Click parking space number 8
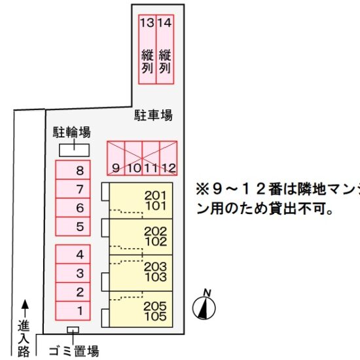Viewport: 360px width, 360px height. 73,170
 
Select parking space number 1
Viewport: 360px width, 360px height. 73,311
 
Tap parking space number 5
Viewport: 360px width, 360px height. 73,226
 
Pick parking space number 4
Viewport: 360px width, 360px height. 73,254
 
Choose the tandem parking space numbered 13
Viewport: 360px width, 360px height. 147,49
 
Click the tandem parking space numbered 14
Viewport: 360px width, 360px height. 165,49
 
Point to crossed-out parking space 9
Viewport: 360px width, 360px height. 116,158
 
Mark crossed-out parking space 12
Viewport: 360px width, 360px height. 168,158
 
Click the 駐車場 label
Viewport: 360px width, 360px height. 153,115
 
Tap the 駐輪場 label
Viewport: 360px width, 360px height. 72,132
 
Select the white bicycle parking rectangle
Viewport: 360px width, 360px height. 74,151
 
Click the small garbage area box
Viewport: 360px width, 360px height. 73,330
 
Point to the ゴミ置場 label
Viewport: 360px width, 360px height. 74,351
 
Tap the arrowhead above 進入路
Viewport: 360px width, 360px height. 25,304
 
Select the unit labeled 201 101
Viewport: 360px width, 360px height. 141,200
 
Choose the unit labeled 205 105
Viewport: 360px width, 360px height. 141,309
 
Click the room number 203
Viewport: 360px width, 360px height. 155,266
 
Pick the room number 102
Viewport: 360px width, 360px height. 156,242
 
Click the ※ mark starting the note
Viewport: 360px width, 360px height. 202,190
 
